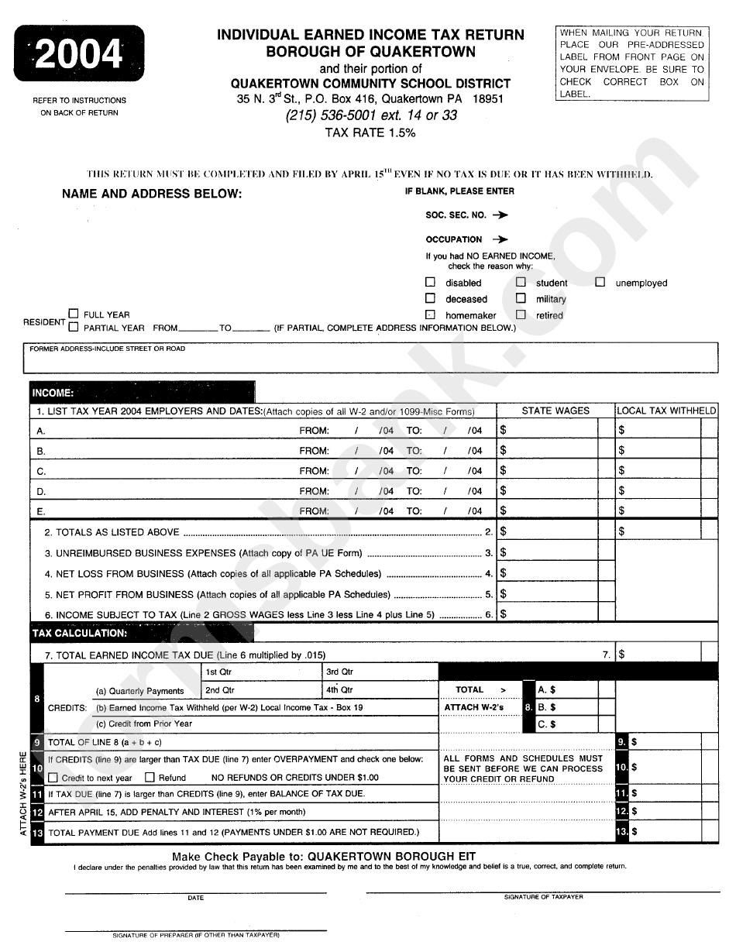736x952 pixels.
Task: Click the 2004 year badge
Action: [79, 54]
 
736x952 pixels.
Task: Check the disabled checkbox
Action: [430, 283]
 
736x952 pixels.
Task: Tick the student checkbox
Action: [521, 283]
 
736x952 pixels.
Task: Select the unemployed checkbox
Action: [600, 283]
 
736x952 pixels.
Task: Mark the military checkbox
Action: [521, 298]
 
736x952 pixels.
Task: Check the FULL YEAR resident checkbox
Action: [74, 314]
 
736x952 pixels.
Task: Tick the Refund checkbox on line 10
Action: [150, 777]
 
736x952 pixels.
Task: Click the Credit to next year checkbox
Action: [53, 777]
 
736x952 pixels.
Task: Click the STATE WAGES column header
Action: [555, 411]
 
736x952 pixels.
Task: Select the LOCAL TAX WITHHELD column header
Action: [666, 411]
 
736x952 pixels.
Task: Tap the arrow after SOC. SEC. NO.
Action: [500, 215]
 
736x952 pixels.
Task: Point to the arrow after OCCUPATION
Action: [500, 239]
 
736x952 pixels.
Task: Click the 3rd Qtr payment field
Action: [380, 672]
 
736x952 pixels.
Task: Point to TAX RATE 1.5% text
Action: [370, 132]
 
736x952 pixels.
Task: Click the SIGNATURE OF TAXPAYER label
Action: [543, 896]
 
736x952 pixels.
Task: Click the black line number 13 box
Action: [36, 832]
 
